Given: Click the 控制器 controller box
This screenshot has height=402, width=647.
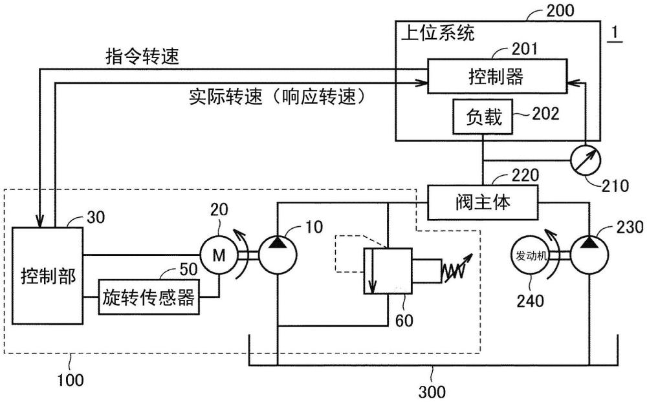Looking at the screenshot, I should click(x=496, y=77).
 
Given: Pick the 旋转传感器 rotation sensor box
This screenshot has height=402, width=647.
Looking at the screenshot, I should click(x=149, y=297).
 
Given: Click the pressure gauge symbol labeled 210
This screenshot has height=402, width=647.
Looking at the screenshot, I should click(x=586, y=158).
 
